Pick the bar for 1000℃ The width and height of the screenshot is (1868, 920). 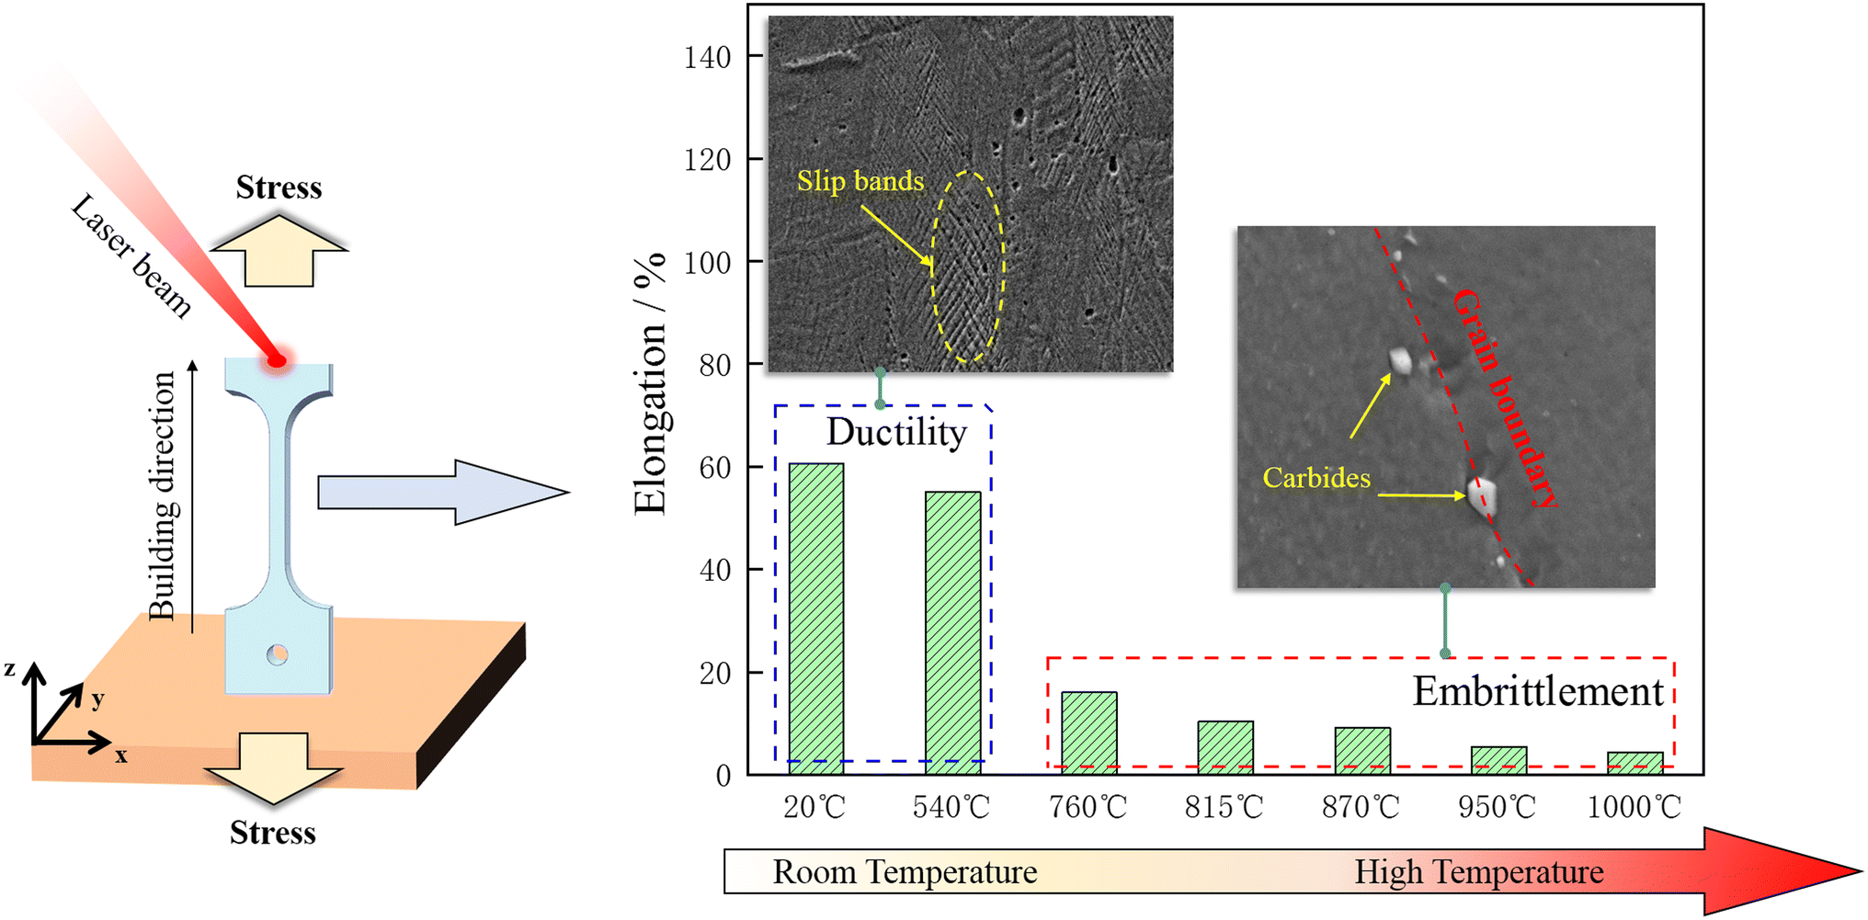tap(1634, 763)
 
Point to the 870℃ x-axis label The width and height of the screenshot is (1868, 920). tap(1361, 807)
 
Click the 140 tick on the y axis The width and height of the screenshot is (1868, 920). tap(707, 58)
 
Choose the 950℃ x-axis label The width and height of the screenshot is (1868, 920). tap(1497, 807)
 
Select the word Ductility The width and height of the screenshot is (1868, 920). tap(896, 432)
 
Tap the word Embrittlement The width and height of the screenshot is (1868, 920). tap(1538, 691)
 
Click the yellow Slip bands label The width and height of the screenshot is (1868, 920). tap(860, 181)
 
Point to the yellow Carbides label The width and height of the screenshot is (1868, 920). tap(1316, 478)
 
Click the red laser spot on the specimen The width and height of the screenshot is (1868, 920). tap(277, 360)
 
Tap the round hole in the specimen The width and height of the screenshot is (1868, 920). tap(277, 654)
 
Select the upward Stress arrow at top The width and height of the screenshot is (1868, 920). tap(279, 249)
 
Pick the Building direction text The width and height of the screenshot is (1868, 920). tap(162, 495)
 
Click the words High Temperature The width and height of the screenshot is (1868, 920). tap(1478, 871)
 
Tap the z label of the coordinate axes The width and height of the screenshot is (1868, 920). tap(9, 668)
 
